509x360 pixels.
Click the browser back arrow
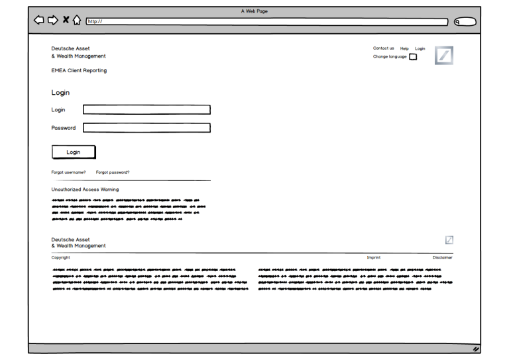39,21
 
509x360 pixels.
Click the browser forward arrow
53,21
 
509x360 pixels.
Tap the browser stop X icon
66,21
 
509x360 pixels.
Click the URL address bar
265,21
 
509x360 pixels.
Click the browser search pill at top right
466,21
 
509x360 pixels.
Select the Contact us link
383,48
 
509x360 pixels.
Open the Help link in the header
404,48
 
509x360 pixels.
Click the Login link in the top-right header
420,48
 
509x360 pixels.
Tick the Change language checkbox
413,57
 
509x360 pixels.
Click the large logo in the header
444,55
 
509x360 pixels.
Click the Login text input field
146,110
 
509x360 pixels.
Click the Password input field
146,128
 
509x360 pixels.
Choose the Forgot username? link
68,172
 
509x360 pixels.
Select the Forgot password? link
113,172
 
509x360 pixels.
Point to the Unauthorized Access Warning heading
85,190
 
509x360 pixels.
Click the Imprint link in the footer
374,257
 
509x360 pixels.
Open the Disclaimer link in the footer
443,257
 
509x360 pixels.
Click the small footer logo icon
449,239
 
